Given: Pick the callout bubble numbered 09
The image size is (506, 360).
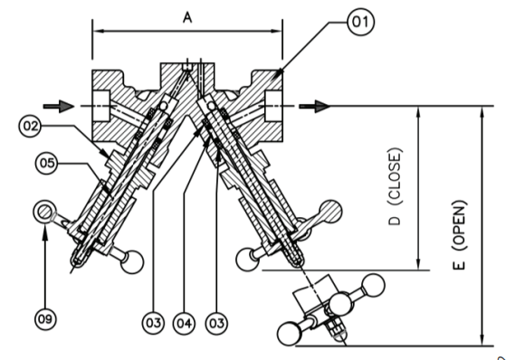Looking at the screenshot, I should point(44,317).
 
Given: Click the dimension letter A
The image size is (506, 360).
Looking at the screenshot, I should point(187,17).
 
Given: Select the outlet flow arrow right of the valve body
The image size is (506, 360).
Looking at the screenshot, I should point(312,106).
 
